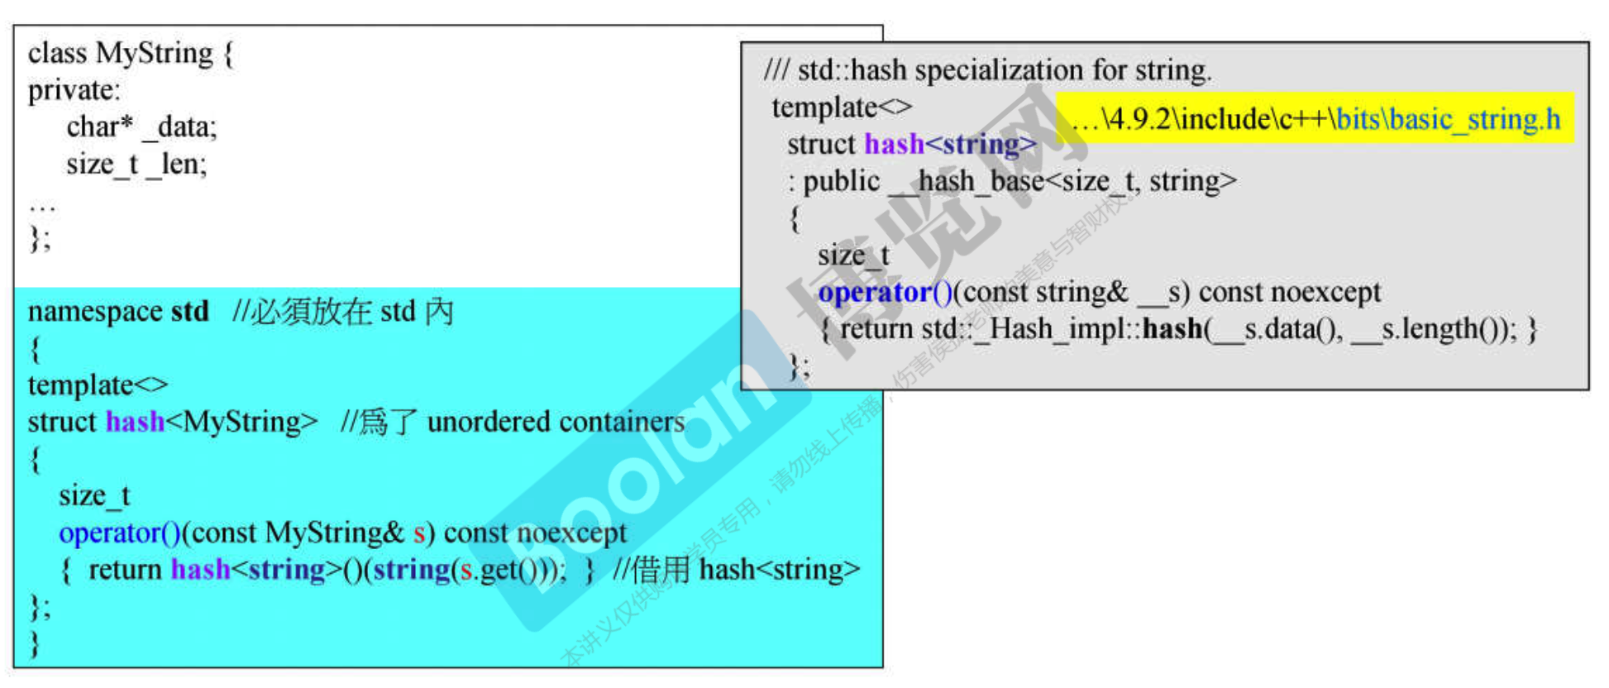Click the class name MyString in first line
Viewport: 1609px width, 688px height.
[155, 53]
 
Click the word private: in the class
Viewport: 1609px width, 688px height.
[74, 90]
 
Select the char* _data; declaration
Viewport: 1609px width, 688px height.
[141, 127]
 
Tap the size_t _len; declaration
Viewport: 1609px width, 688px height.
[136, 164]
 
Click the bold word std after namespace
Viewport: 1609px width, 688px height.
[189, 312]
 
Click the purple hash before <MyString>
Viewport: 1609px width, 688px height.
[135, 422]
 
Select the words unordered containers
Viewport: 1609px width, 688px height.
[556, 422]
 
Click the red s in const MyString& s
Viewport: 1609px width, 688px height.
[419, 533]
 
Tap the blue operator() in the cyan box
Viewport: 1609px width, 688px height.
[119, 533]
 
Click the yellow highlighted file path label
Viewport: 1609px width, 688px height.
[1315, 119]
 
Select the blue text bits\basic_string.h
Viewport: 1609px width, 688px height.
[1447, 119]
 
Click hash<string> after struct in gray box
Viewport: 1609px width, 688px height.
[950, 144]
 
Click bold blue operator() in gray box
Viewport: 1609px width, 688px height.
[885, 292]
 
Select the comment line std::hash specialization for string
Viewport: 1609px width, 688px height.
[988, 70]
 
